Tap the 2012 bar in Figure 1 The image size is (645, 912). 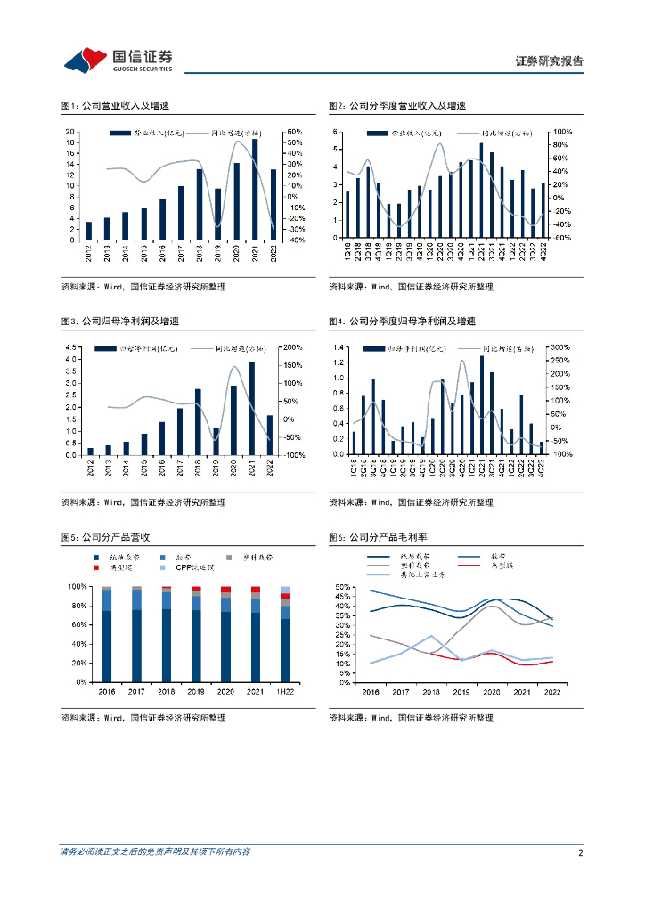[x=87, y=231]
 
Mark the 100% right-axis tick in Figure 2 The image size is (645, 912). [x=561, y=132]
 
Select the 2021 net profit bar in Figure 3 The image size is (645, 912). [x=252, y=408]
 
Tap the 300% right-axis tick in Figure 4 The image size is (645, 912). [x=561, y=347]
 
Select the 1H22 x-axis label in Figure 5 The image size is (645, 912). [x=285, y=690]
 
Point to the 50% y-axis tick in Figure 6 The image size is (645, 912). [x=341, y=588]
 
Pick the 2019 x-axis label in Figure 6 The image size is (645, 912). [x=461, y=690]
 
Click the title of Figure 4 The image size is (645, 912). [x=402, y=321]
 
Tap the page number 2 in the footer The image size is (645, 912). [x=580, y=852]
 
